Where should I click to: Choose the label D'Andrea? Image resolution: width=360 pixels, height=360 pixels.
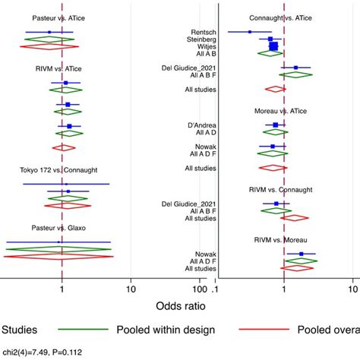(x=198, y=125)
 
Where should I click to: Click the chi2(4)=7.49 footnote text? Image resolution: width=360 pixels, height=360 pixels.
(x=43, y=353)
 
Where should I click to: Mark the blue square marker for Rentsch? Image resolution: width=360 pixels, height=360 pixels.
(x=250, y=32)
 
